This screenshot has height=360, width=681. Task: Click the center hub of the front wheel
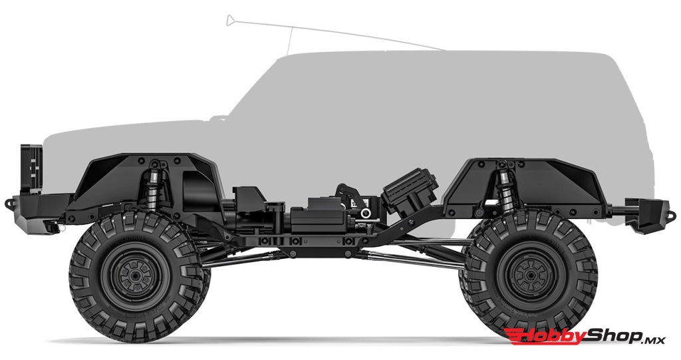(x=138, y=272)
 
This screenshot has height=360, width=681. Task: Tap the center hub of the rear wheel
(x=529, y=272)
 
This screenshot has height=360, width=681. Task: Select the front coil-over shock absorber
(x=154, y=183)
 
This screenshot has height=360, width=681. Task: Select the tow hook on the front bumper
(x=9, y=199)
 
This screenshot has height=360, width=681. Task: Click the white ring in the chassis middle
(x=365, y=213)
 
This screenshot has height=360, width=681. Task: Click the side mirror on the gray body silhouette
(x=217, y=118)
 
